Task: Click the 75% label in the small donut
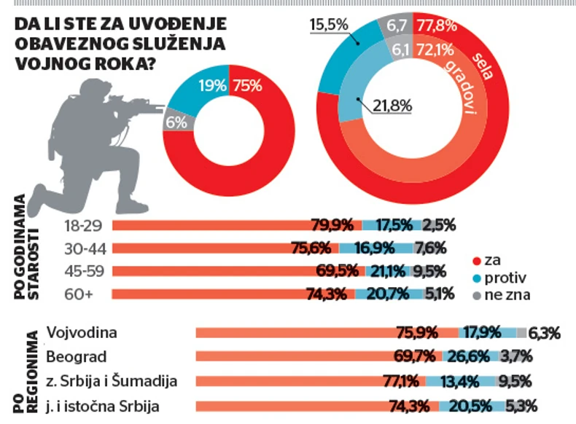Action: tap(247, 85)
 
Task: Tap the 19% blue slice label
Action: tap(211, 85)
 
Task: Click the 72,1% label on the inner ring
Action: tap(435, 50)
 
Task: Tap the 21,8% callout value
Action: tap(391, 106)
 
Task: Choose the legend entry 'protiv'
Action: tap(505, 278)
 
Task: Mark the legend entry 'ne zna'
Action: tap(507, 295)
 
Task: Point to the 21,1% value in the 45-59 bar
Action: tap(389, 272)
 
